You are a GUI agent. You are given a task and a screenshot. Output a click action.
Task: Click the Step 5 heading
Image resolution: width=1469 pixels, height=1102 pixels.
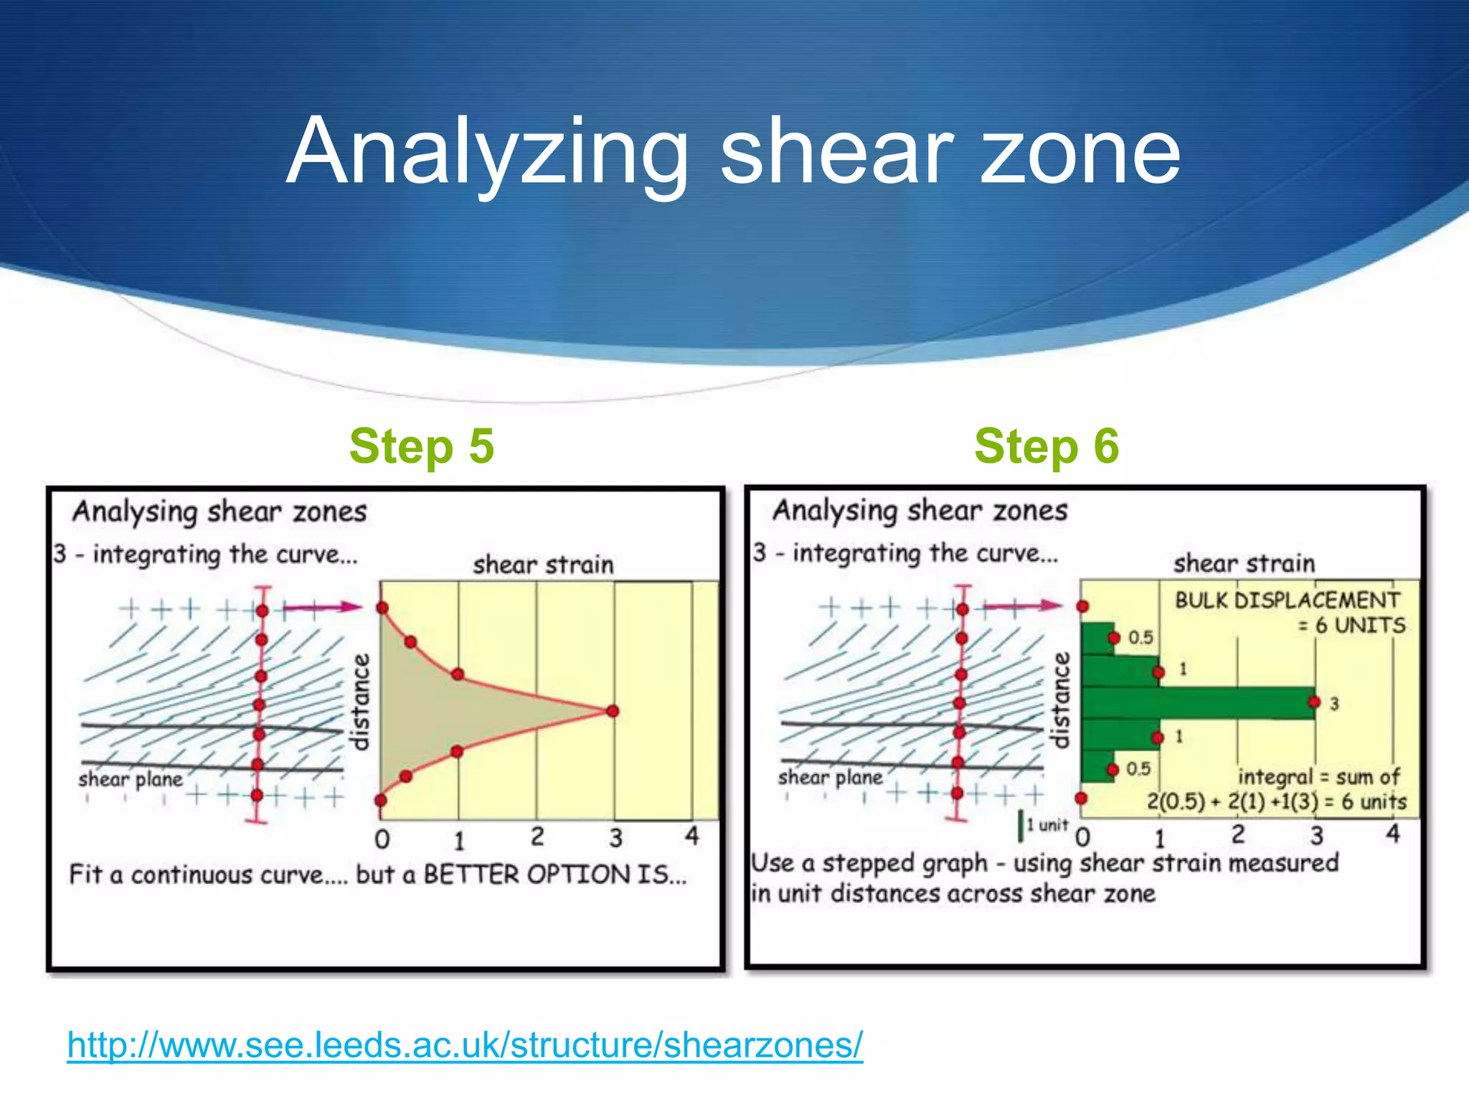point(422,446)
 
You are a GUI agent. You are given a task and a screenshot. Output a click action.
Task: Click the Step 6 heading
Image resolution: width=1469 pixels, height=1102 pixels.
point(1047,446)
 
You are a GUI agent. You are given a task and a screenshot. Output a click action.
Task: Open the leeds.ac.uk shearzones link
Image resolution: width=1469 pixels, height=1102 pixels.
point(465,1045)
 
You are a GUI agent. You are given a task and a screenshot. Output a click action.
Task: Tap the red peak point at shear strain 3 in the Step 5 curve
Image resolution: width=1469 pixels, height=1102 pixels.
point(612,711)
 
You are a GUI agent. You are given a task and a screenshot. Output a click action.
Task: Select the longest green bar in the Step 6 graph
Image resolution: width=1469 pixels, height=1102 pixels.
point(1198,703)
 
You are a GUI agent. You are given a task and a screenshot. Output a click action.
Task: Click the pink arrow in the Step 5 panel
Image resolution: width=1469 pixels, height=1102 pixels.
point(323,608)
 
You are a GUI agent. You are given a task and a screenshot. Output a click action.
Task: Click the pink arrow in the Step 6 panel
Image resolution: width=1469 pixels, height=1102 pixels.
point(1022,606)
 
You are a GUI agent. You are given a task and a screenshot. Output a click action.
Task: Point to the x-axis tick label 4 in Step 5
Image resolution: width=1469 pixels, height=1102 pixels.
point(691,836)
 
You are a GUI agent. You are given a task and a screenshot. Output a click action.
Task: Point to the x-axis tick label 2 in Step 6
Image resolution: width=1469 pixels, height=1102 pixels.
point(1239,834)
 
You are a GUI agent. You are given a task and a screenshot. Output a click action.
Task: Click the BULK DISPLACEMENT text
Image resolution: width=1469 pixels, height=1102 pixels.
point(1287,601)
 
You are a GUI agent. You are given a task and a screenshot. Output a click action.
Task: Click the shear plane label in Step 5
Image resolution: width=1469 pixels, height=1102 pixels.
point(131,779)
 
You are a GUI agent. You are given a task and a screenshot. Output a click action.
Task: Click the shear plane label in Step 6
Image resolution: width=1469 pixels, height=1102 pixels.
point(831,778)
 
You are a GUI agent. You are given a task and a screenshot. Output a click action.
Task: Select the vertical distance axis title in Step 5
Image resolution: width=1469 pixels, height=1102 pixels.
point(360,702)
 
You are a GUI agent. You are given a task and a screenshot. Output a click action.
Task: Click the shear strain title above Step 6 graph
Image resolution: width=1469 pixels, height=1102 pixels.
point(1244,564)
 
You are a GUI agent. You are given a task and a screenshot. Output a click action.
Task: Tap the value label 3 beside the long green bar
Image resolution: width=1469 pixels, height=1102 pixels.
point(1334,704)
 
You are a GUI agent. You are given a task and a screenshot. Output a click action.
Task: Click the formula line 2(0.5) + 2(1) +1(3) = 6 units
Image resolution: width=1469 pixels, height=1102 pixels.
point(1276,801)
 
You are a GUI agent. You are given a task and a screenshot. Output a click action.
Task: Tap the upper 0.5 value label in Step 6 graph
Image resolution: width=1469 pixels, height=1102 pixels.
point(1140,637)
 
